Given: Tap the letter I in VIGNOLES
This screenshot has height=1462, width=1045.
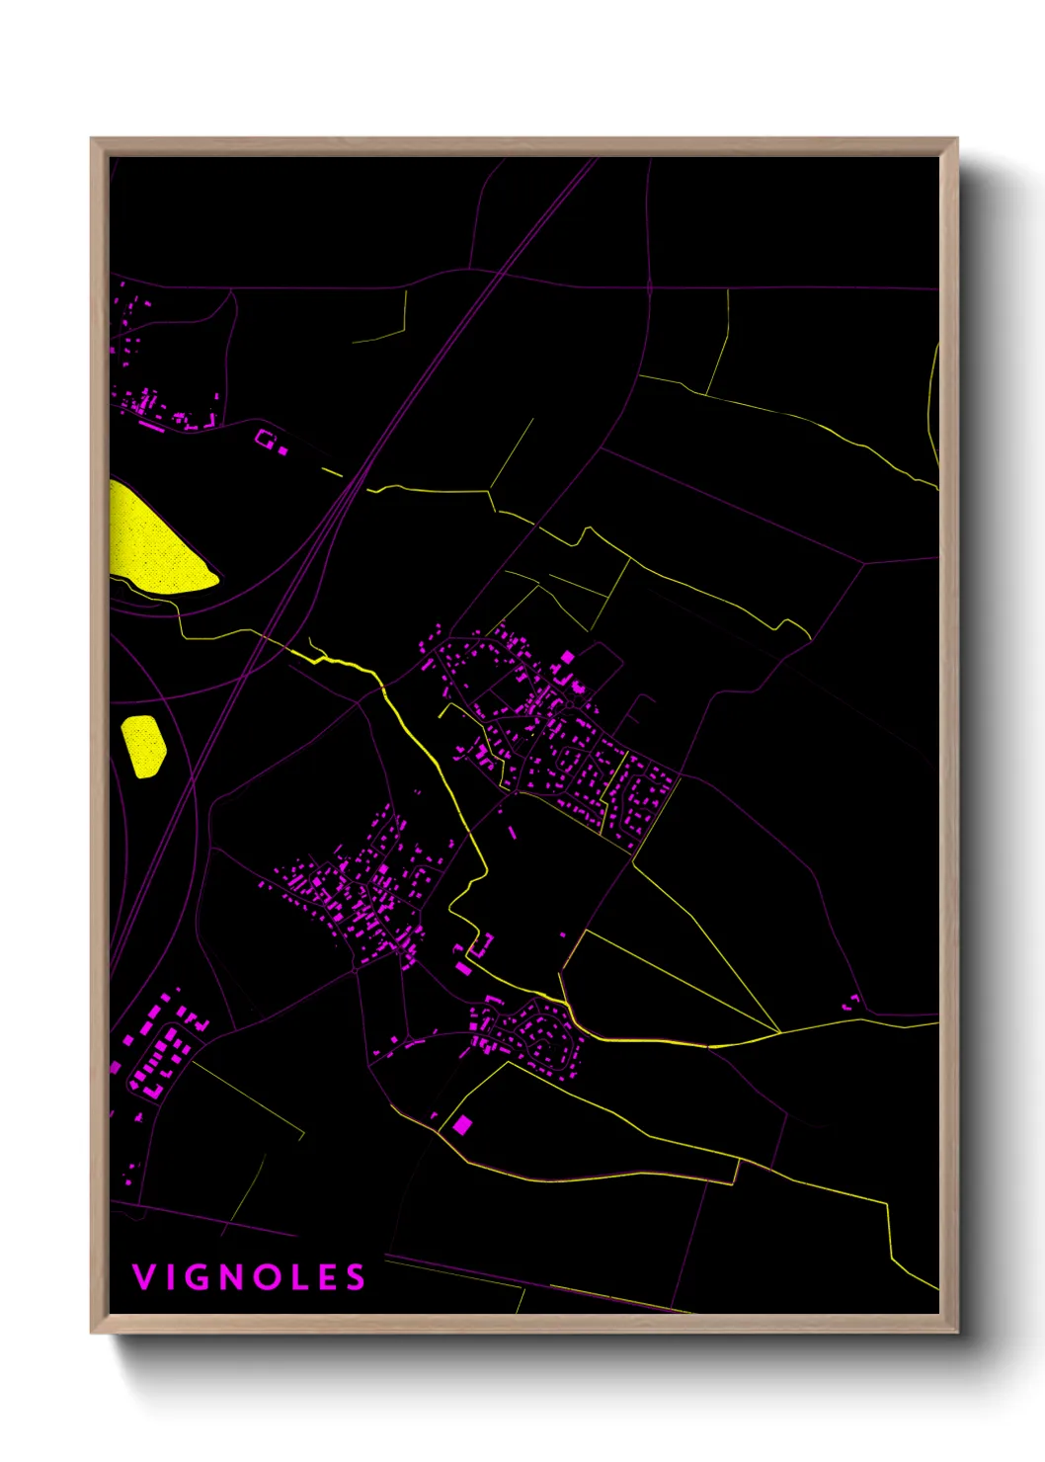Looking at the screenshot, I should point(175,1277).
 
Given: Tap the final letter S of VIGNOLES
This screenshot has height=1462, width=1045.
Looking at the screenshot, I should point(357,1277).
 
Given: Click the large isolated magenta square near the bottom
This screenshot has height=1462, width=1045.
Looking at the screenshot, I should point(461,1124).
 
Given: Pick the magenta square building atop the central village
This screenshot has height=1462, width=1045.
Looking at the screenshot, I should point(567,657).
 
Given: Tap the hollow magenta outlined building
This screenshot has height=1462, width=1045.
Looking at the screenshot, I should point(265,438).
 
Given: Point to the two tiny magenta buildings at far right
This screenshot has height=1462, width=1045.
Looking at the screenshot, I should point(850,1004).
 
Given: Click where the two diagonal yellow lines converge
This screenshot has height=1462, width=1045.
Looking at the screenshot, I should point(779,1032).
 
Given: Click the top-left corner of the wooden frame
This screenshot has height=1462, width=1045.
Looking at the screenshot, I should point(93,140).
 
